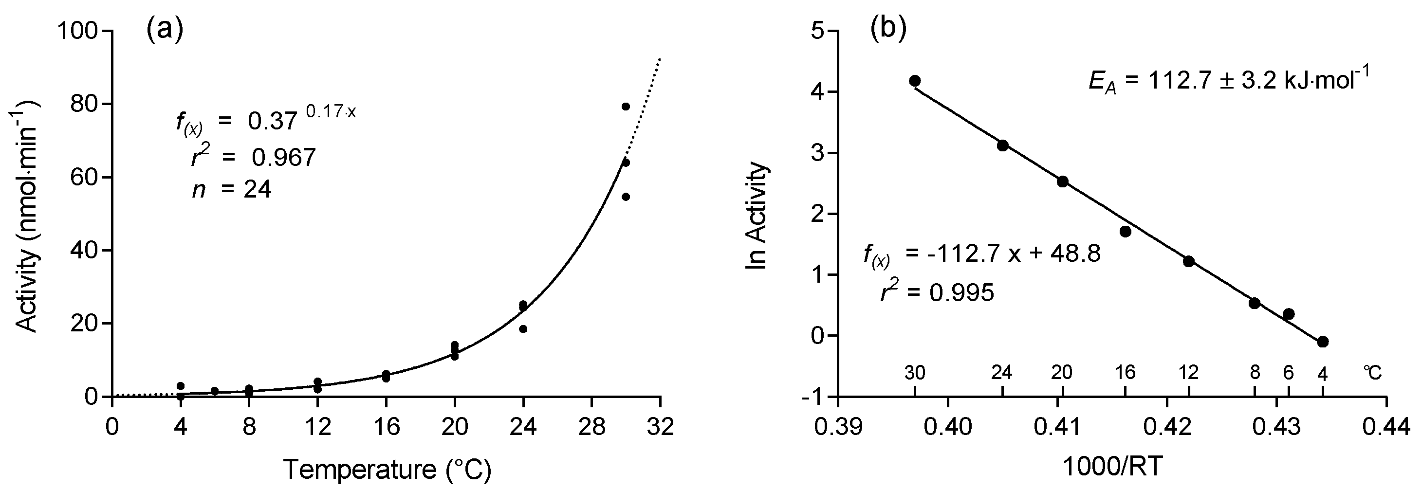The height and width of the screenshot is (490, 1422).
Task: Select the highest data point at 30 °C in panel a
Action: (626, 107)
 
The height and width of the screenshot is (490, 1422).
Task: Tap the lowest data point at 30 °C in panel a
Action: (626, 197)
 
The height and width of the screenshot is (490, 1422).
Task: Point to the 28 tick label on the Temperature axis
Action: (592, 427)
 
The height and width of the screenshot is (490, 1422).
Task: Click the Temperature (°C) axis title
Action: (387, 470)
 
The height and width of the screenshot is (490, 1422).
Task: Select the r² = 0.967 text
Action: (253, 158)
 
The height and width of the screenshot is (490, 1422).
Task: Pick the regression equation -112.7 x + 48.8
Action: (982, 255)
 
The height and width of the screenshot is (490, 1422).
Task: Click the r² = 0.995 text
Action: (937, 292)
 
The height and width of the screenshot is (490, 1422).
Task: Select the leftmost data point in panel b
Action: (915, 81)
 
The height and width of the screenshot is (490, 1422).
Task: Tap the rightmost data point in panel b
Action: (1323, 342)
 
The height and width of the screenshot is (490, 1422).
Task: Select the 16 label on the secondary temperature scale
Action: (1125, 373)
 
